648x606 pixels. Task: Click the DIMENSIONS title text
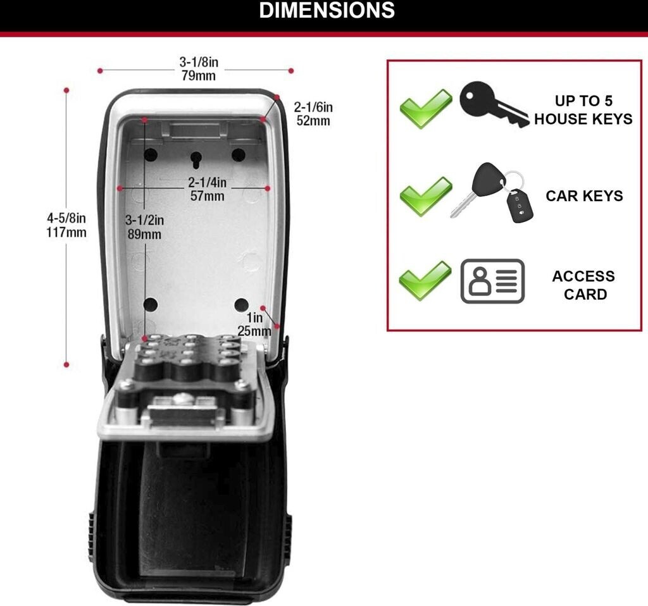[x=327, y=11]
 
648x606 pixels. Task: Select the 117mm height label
[x=66, y=232]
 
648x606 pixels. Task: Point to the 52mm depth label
[x=313, y=121]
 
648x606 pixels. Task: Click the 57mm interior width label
[x=207, y=196]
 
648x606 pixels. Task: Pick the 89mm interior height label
[x=145, y=234]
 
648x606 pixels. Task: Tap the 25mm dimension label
[x=254, y=330]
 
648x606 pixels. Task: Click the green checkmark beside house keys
[x=425, y=108]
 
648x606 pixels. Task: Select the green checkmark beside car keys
[x=425, y=195]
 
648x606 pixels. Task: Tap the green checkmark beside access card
[x=425, y=280]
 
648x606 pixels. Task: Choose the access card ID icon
[x=492, y=281]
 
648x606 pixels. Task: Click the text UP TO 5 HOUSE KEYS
[x=583, y=110]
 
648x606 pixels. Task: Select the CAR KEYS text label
[x=584, y=196]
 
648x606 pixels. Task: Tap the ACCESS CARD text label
[x=583, y=285]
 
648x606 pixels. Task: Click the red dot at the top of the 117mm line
[x=66, y=90]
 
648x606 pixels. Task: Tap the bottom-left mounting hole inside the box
[x=151, y=305]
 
